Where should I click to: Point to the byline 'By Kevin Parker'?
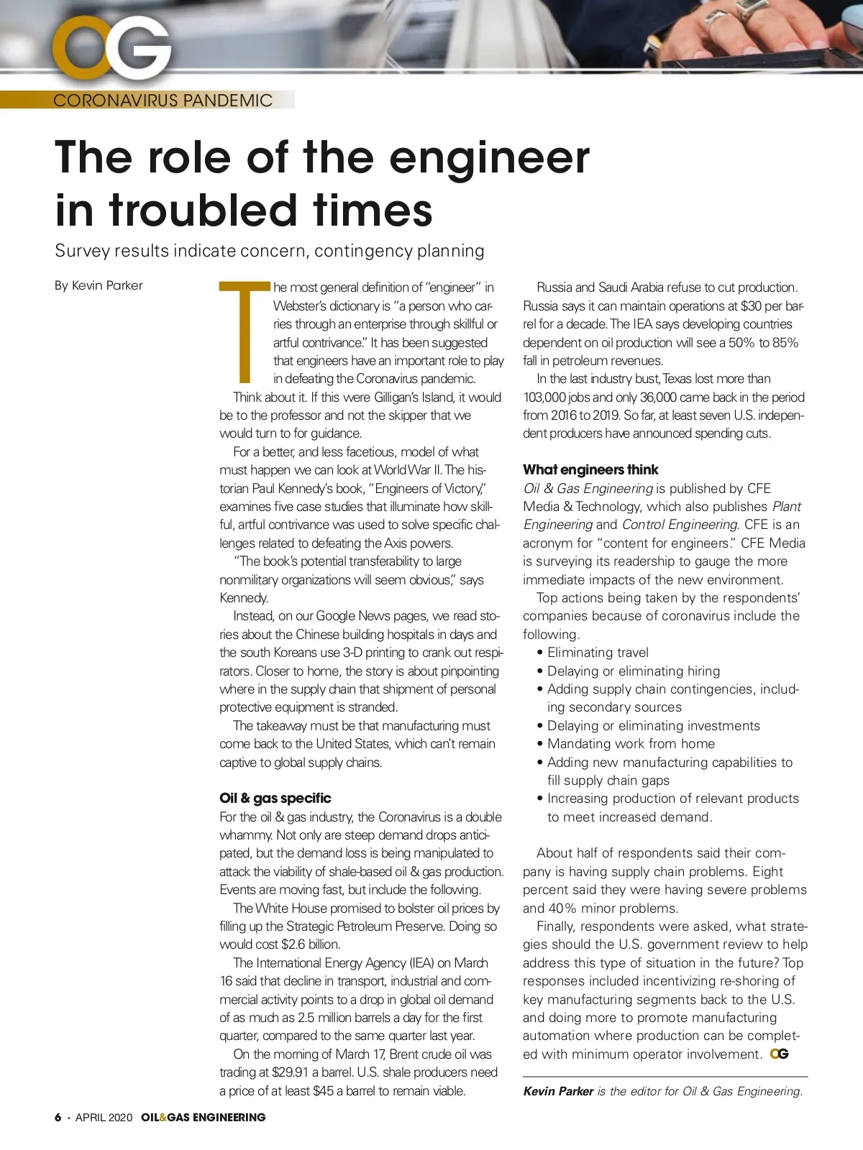tap(99, 285)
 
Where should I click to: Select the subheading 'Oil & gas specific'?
tap(275, 798)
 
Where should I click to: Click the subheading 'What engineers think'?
tap(590, 469)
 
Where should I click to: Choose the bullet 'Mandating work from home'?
tap(631, 744)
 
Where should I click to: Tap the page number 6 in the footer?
tap(58, 1118)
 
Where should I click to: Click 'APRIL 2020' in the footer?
tap(104, 1118)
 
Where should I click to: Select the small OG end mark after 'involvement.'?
tap(779, 1054)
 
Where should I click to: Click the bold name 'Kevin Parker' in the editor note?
tap(558, 1091)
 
